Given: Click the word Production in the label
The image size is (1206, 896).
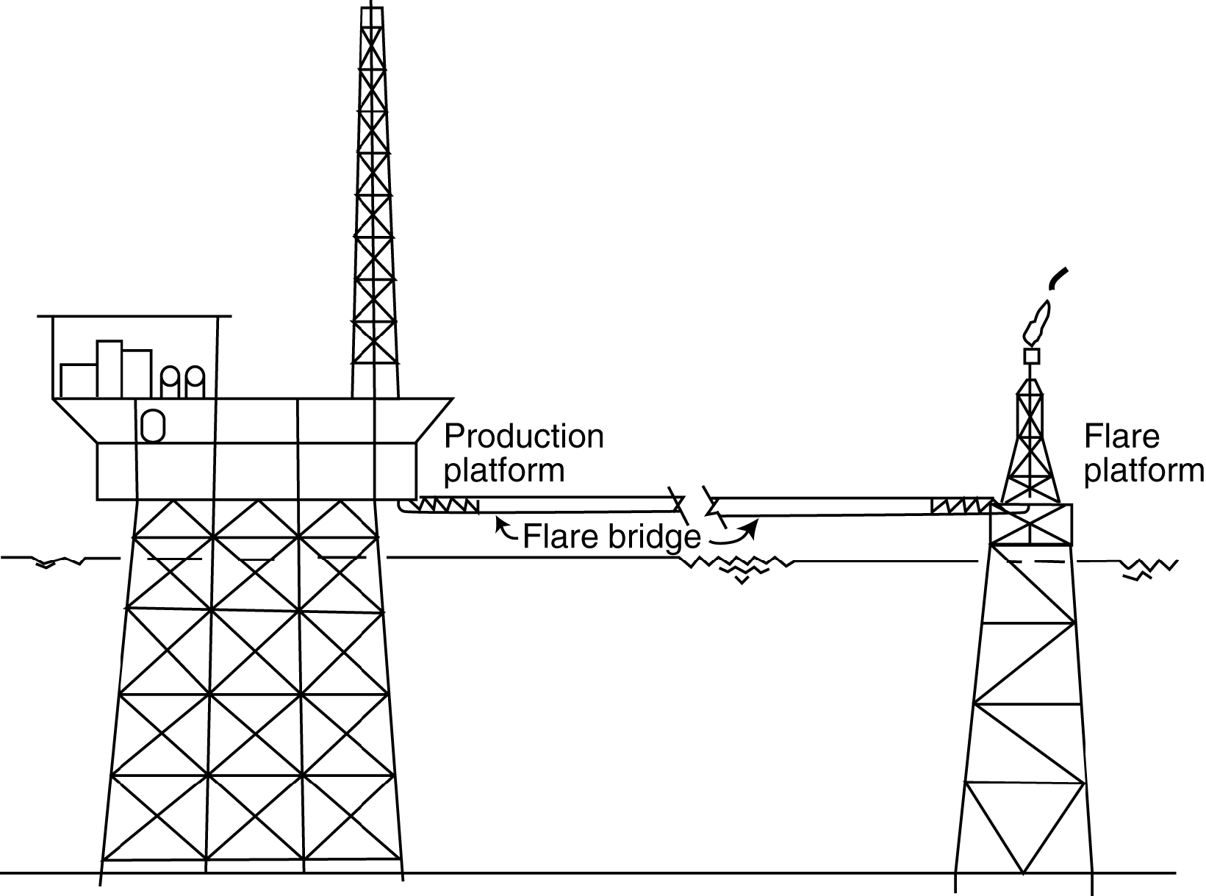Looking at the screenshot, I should (523, 437).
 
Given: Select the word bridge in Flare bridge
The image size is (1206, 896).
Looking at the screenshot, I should (653, 538).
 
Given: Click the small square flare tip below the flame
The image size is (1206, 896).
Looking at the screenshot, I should (1032, 356).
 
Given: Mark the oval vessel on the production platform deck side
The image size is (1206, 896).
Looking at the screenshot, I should (152, 426).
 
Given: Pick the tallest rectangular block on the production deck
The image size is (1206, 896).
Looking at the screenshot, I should (109, 369).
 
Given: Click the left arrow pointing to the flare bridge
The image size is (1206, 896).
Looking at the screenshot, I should (505, 528).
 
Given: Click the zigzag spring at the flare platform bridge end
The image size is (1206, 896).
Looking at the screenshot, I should (961, 506).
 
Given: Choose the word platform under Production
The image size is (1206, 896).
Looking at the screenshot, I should (504, 470).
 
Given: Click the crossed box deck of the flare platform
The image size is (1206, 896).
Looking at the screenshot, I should (1031, 524).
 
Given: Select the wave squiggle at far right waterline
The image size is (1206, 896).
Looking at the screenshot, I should (1148, 568).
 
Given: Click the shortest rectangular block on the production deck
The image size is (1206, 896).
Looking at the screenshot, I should (78, 381).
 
